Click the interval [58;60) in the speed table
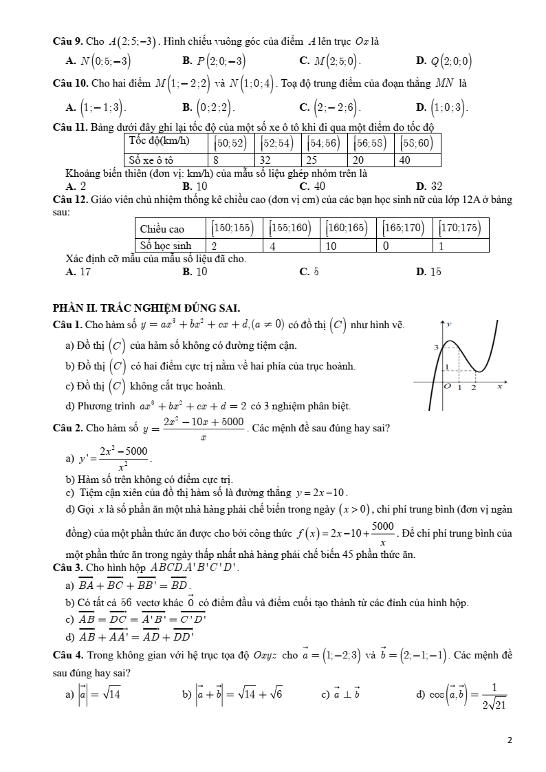click(x=417, y=143)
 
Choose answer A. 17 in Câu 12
click(x=78, y=272)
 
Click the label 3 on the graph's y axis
click(x=435, y=349)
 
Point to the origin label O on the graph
click(x=447, y=387)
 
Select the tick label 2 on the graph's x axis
click(x=472, y=388)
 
